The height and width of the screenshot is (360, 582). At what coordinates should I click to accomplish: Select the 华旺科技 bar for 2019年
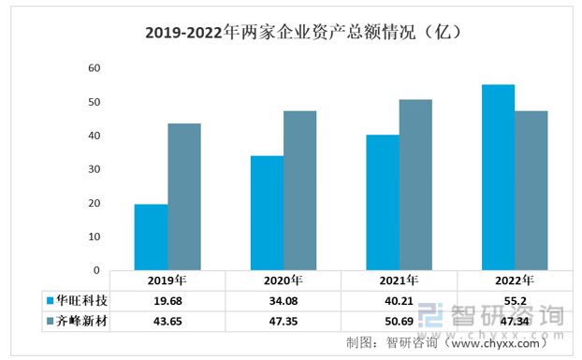coord(151,238)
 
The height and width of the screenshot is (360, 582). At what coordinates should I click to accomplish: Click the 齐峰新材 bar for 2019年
coord(183,197)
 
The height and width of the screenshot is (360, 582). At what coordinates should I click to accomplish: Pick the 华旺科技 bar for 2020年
coord(267,213)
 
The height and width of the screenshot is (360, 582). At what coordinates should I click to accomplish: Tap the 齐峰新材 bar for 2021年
coord(415,185)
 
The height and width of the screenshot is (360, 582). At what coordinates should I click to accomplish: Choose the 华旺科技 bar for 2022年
coord(497,178)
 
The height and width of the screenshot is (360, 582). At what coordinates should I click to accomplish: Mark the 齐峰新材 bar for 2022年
coord(531,191)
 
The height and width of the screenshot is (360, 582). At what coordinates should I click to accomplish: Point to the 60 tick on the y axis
coord(94,68)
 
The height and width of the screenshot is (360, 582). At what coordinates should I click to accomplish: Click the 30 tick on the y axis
coord(94,169)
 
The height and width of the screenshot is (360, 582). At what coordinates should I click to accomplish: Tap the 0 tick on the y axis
coord(96,270)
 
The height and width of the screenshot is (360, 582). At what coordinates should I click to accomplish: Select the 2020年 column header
coord(283,281)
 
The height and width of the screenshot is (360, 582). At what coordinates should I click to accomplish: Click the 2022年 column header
coord(514,281)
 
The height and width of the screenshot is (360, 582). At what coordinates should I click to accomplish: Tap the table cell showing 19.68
coord(167,301)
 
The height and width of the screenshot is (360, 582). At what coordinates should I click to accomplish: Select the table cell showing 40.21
coord(399,301)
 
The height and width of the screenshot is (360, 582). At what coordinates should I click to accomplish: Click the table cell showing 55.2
coord(514,301)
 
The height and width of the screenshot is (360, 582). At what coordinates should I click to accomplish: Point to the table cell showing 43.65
coord(167,322)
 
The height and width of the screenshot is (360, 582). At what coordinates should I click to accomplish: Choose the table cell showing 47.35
coord(283,322)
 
